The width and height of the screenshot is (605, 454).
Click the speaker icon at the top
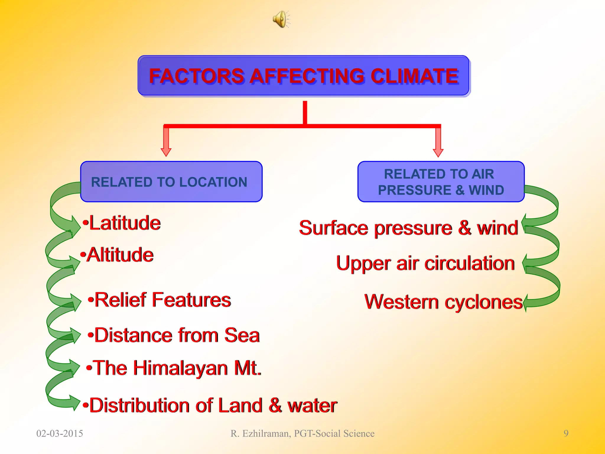point(281,20)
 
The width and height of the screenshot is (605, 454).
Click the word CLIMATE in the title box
point(414,76)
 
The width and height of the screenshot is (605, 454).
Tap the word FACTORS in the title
point(197,76)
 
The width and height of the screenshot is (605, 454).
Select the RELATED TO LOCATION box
point(171,182)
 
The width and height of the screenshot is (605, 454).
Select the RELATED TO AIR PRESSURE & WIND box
point(441,182)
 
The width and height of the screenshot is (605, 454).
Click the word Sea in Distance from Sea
point(242,335)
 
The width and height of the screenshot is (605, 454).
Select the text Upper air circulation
point(425,263)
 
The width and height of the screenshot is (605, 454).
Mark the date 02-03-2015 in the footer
point(60,433)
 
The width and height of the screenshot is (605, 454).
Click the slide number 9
point(566,433)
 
